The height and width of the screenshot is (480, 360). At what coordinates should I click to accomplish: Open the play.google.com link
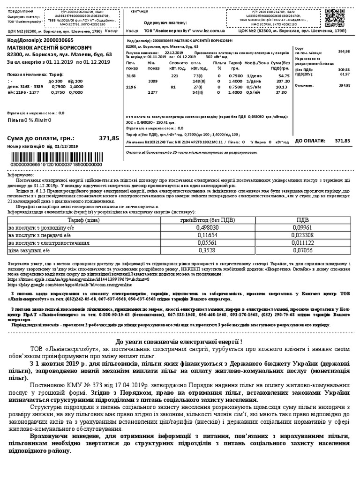pyautogui.click(x=73, y=284)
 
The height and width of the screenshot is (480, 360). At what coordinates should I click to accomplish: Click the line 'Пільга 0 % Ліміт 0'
pyautogui.click(x=29, y=120)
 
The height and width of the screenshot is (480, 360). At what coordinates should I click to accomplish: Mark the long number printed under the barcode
pyautogui.click(x=50, y=165)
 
